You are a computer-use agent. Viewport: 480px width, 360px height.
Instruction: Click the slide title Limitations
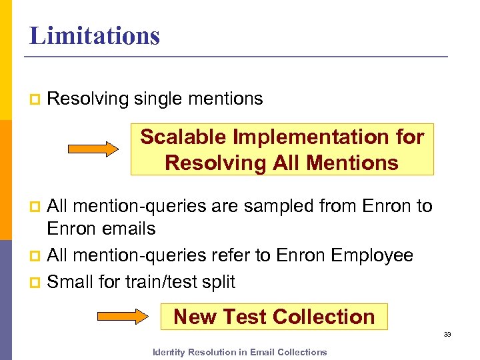[x=95, y=35]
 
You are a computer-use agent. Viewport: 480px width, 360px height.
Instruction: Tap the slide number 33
[x=447, y=334]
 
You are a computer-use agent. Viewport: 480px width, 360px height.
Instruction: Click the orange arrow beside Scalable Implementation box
[x=93, y=149]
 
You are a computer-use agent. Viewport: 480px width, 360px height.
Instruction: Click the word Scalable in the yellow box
[x=183, y=137]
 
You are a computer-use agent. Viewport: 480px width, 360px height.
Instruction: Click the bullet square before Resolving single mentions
[x=35, y=100]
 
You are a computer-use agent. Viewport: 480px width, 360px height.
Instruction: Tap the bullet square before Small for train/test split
[x=35, y=283]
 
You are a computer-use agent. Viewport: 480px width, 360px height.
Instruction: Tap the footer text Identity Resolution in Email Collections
[x=240, y=352]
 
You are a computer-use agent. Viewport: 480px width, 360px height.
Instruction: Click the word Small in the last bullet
[x=70, y=282]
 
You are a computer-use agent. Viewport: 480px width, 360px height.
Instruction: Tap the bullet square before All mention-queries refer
[x=35, y=256]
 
